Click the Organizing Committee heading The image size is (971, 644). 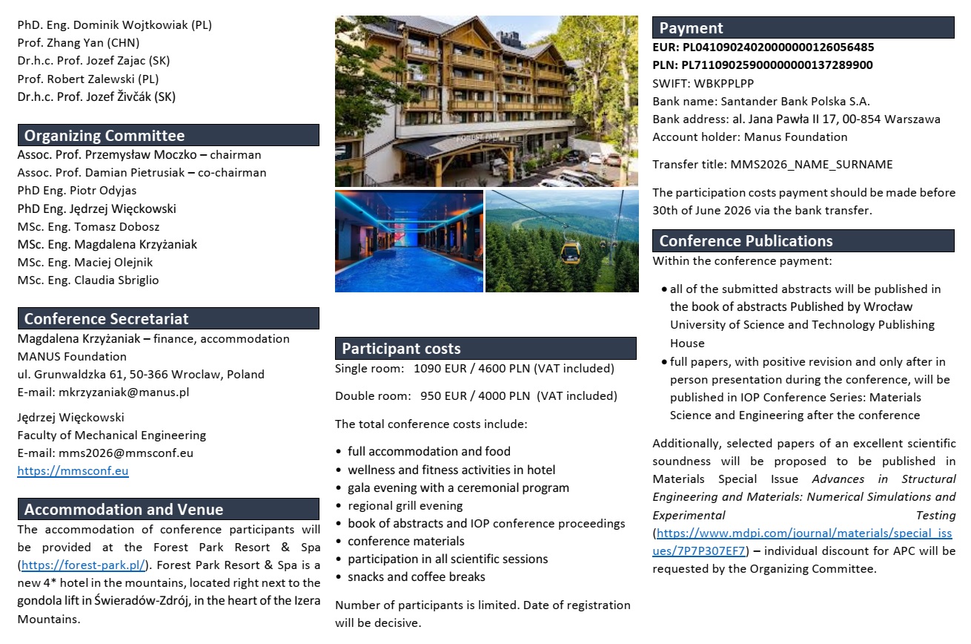point(105,136)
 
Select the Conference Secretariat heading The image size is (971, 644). point(106,319)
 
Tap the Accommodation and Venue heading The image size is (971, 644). point(123,510)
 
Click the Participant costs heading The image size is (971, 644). point(401,349)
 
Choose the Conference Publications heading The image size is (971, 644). point(746,241)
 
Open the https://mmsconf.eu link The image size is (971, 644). point(73,471)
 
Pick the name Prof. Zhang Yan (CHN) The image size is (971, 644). point(78,43)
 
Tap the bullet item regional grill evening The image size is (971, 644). point(405,506)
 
